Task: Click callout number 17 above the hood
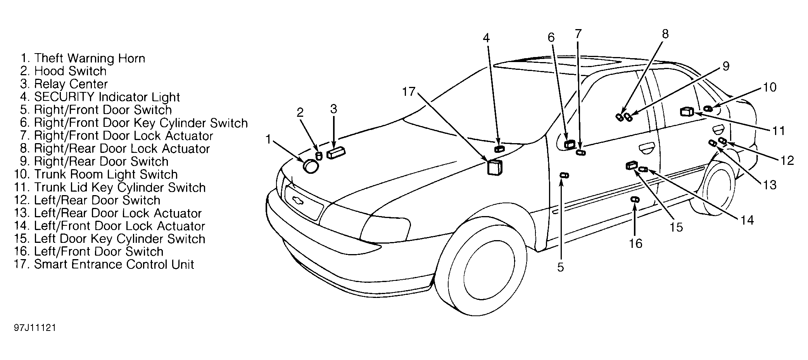[409, 92]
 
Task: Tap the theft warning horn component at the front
[311, 166]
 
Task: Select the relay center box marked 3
[336, 152]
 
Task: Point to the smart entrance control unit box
[495, 168]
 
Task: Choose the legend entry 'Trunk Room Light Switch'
[96, 175]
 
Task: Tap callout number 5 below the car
[561, 267]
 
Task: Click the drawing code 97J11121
[35, 328]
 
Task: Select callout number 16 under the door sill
[635, 244]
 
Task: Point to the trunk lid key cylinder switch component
[687, 112]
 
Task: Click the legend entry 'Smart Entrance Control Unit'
[104, 265]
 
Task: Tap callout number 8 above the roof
[665, 34]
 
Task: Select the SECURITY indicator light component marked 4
[499, 149]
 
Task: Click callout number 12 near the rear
[787, 160]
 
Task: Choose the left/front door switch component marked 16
[635, 199]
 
